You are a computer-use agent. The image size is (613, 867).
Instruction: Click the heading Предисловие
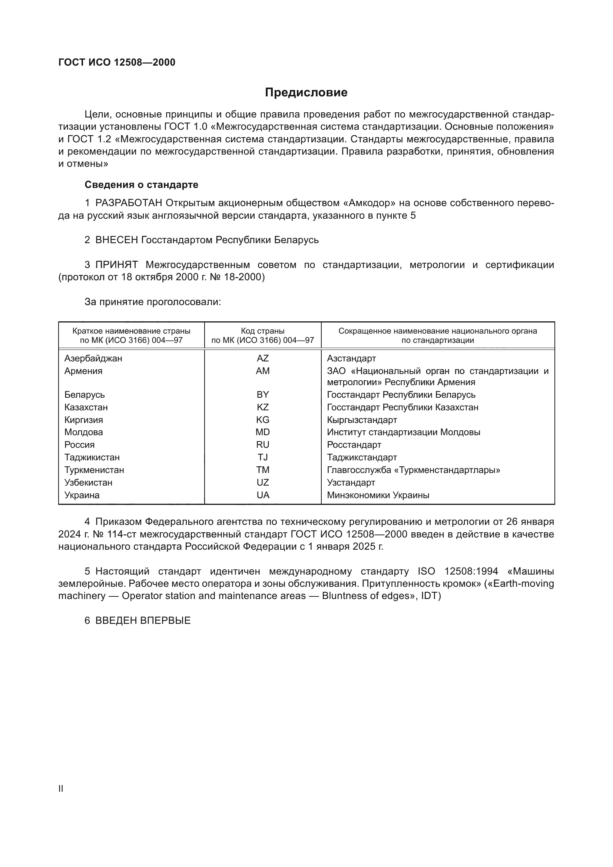[306, 93]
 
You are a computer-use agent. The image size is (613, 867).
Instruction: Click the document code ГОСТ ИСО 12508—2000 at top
[117, 62]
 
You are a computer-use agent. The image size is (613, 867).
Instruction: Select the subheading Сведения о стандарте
[142, 185]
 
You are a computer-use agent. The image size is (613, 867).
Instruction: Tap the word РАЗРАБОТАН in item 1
[129, 203]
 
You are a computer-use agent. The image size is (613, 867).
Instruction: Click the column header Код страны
[263, 331]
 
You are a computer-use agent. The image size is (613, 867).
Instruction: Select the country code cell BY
[263, 395]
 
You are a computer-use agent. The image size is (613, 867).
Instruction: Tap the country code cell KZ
[263, 407]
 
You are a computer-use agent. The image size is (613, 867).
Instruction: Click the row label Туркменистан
[94, 470]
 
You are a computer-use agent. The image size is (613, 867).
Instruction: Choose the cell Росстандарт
[354, 445]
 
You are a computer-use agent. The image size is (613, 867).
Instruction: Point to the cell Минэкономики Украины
[378, 495]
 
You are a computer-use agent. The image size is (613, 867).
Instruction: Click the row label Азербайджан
[93, 358]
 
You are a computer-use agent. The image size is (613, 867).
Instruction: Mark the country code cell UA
[263, 495]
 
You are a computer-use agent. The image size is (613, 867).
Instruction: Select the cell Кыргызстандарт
[362, 420]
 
